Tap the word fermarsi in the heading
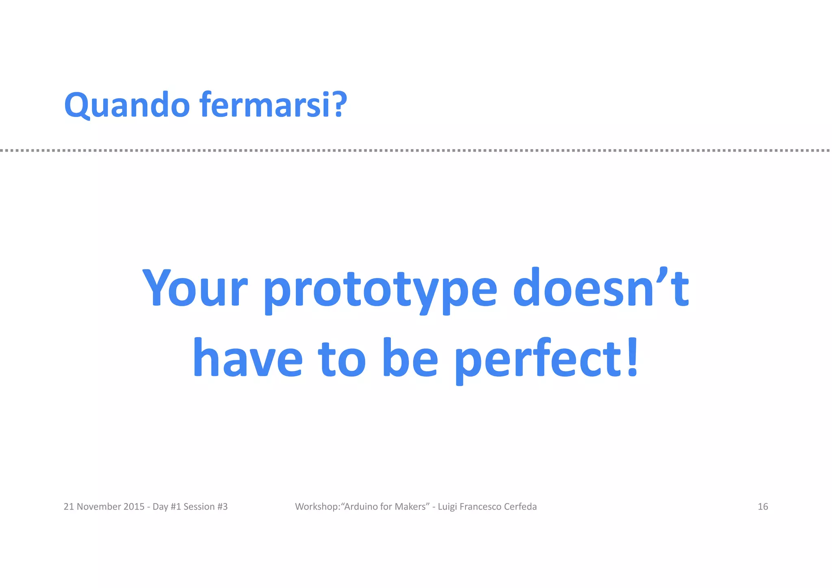click(266, 105)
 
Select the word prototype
click(380, 289)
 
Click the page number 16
click(763, 506)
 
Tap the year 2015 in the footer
click(134, 506)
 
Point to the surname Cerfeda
click(520, 506)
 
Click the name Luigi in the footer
click(447, 507)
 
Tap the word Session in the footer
click(199, 506)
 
